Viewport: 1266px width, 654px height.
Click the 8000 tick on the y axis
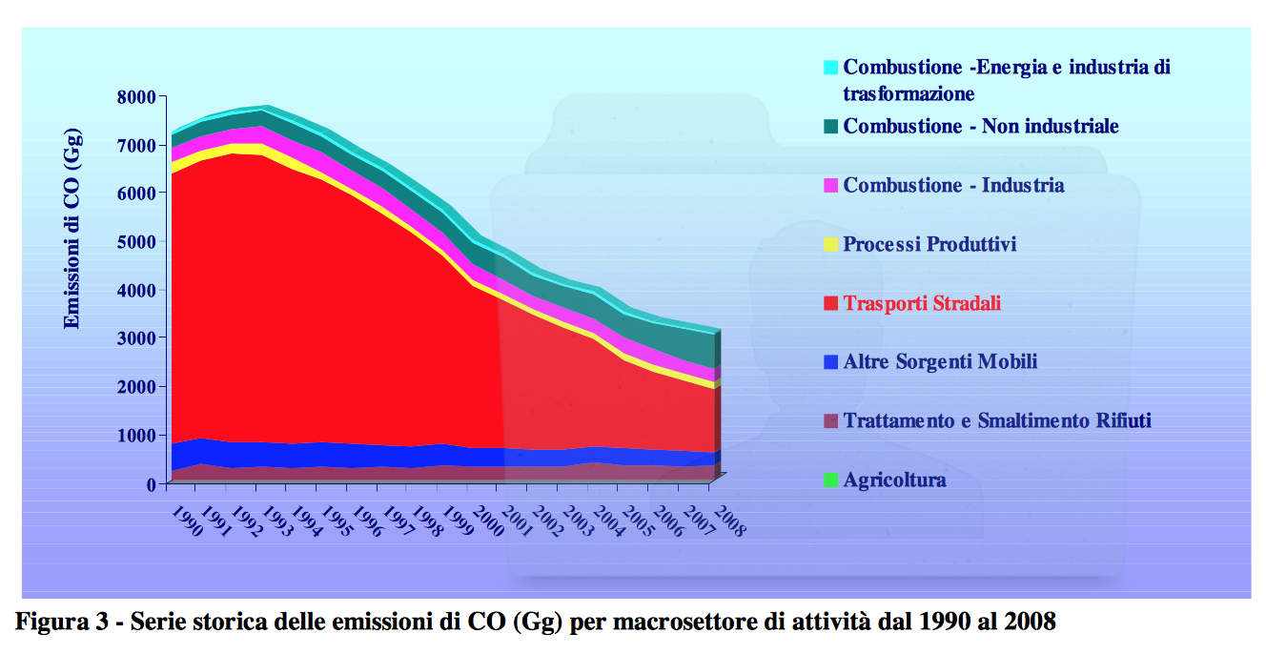click(136, 97)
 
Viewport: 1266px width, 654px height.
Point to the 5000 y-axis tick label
click(136, 242)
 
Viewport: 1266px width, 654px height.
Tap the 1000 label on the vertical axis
click(136, 436)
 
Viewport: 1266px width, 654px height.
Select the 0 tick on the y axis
click(151, 484)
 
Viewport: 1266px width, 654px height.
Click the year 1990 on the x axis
click(187, 521)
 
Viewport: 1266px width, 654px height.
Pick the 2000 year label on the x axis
click(487, 521)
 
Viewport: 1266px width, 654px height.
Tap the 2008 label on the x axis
click(729, 521)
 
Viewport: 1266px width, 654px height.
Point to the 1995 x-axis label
click(337, 521)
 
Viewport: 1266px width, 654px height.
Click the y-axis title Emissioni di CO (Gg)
click(71, 229)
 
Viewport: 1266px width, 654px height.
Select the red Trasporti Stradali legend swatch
click(830, 303)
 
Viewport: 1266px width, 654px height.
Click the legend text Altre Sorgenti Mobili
click(940, 361)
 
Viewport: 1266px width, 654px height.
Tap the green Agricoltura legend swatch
click(830, 480)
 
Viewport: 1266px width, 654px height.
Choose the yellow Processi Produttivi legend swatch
click(830, 244)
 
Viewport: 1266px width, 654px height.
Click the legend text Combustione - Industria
click(953, 185)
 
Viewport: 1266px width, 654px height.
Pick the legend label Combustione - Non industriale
click(981, 126)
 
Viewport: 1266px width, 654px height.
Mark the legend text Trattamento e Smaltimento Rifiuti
click(997, 421)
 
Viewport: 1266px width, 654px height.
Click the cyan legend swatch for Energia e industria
click(830, 68)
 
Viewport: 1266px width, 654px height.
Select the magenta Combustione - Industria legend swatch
click(830, 185)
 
